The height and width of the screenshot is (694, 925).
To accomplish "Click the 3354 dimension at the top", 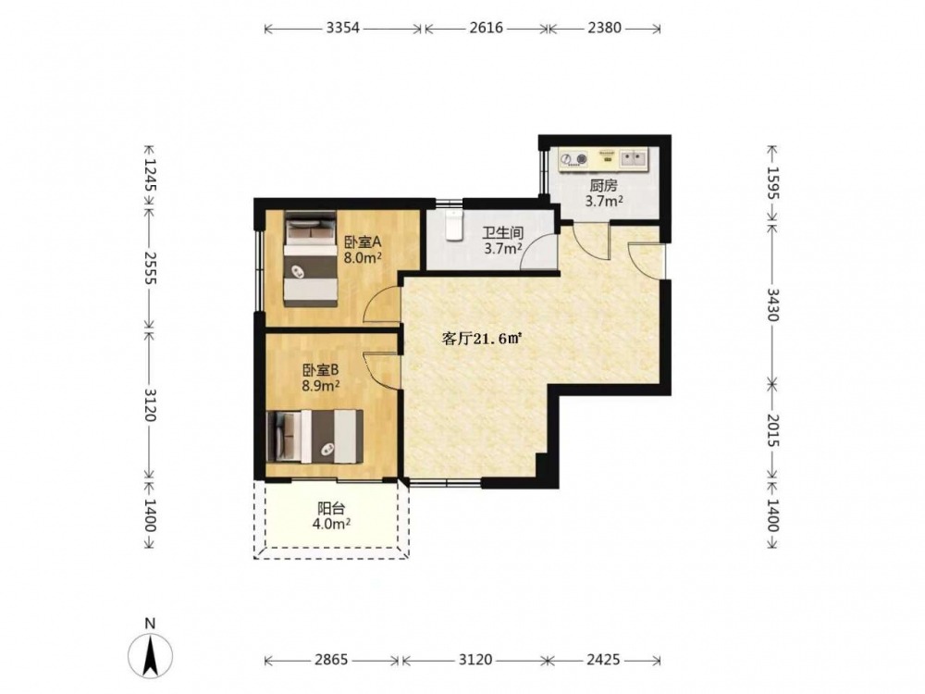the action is pos(343,28).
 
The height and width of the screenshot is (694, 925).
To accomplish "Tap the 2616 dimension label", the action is pos(487,28).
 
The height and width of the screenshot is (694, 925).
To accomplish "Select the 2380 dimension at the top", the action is pos(604,28).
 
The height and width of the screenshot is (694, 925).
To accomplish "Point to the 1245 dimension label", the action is pos(151,175).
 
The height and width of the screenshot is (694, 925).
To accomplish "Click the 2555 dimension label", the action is pos(151,268).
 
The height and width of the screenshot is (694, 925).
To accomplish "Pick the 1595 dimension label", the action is pos(772,183).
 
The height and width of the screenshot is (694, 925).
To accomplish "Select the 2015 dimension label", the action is pos(772,430).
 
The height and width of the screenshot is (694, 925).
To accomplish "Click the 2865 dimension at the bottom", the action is pos(331,659).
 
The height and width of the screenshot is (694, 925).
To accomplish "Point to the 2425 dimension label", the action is pos(603,659).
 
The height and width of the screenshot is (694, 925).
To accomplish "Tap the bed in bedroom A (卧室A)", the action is pos(310,259).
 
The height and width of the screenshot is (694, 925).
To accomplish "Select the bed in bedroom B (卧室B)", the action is pos(314,437).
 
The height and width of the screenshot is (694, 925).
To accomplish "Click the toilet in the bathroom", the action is pos(453,225).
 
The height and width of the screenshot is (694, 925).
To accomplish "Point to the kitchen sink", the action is pos(634,158).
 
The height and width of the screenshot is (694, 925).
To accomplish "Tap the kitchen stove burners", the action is pos(574,159).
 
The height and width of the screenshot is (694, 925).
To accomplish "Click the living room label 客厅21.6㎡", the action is pos(483,339).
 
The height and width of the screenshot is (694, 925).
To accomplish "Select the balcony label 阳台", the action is pos(331,508).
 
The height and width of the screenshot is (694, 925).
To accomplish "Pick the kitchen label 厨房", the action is pos(603,186).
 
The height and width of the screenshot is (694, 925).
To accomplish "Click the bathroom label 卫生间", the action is pos(503,233).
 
